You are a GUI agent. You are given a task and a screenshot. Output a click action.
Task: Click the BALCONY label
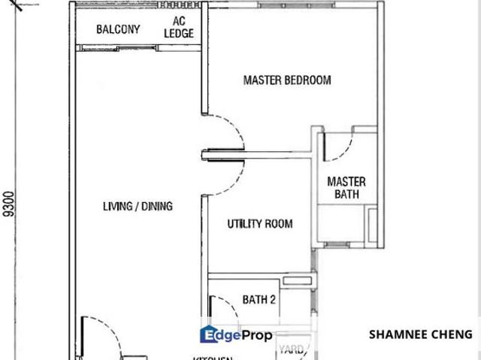(118, 30)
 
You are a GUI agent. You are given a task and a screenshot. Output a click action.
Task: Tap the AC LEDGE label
(179, 27)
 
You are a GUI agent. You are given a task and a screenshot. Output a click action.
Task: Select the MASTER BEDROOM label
(287, 80)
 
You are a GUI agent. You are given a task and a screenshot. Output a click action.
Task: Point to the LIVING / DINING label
(138, 206)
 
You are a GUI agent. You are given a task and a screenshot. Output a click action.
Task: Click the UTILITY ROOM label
(260, 224)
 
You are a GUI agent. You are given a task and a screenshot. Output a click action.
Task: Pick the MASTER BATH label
(346, 188)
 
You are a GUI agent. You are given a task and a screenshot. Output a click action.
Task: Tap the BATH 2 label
(259, 300)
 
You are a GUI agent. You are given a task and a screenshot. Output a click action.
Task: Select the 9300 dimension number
(9, 203)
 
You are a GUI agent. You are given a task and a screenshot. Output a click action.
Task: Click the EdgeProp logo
(235, 336)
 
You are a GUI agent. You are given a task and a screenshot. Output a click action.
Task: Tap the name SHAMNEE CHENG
(421, 334)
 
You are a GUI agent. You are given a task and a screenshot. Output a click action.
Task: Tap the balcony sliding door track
(139, 48)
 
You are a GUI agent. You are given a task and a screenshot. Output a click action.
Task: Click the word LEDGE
(179, 33)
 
